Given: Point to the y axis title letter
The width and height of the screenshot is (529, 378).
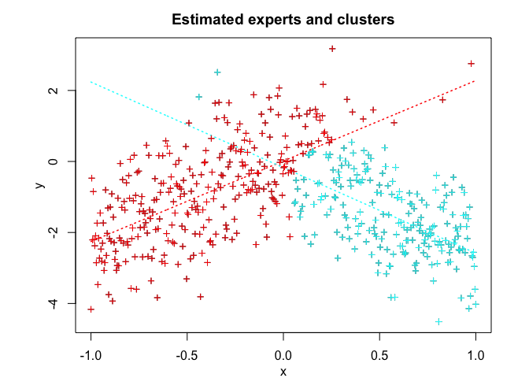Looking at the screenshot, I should pos(38,185).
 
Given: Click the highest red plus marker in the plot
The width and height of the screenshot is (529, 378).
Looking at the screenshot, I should pos(332,49).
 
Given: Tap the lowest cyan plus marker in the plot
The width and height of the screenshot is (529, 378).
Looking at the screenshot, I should pos(438,321).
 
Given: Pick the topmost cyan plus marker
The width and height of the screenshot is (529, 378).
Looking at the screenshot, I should pos(217,72).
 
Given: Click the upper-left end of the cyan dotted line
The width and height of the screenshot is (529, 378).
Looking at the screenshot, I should pos(91,81).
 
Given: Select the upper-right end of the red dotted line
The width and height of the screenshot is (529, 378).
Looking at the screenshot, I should pos(475,80).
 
